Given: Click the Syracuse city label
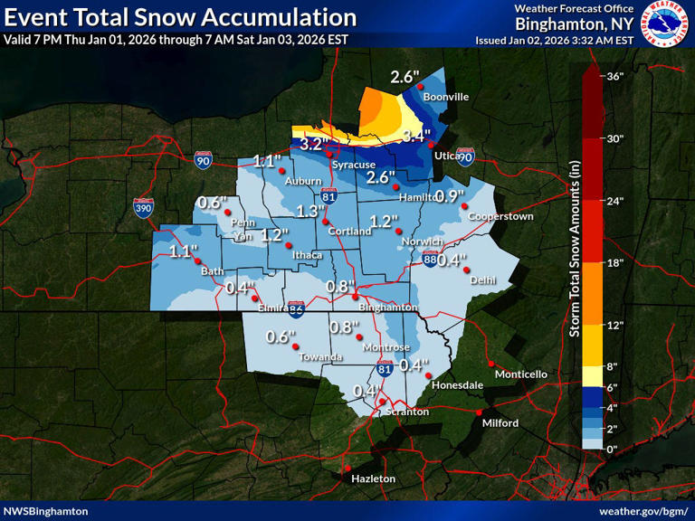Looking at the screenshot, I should [352, 165].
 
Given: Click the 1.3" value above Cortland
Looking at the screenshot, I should [309, 211].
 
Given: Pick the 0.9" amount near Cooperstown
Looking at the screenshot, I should [449, 195].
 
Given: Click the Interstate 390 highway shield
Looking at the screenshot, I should [143, 207].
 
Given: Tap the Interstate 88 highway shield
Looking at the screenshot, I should [430, 260].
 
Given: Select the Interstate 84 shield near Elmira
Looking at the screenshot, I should [296, 308].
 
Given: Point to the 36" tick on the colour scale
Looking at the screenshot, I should [614, 76].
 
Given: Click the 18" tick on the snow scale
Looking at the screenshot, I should [614, 262].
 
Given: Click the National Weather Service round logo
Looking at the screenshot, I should [664, 24].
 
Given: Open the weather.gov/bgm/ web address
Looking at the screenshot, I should [643, 511].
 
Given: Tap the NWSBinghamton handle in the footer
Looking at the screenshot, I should [46, 511].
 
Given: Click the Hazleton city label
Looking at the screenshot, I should [373, 478].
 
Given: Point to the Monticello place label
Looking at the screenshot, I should [520, 374].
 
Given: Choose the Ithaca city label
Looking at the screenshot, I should [307, 255].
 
